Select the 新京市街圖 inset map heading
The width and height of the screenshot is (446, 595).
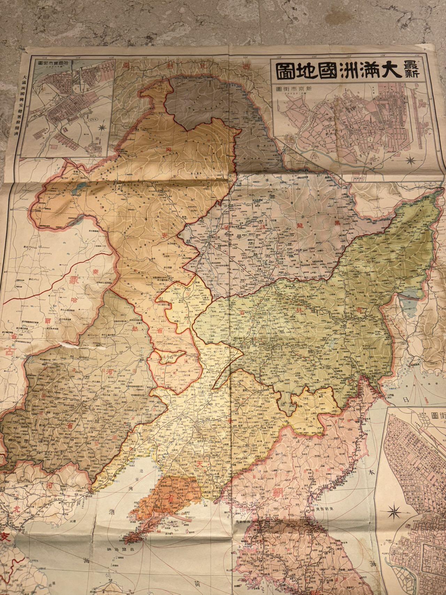point(298,90)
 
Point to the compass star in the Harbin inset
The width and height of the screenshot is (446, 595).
point(102,127)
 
